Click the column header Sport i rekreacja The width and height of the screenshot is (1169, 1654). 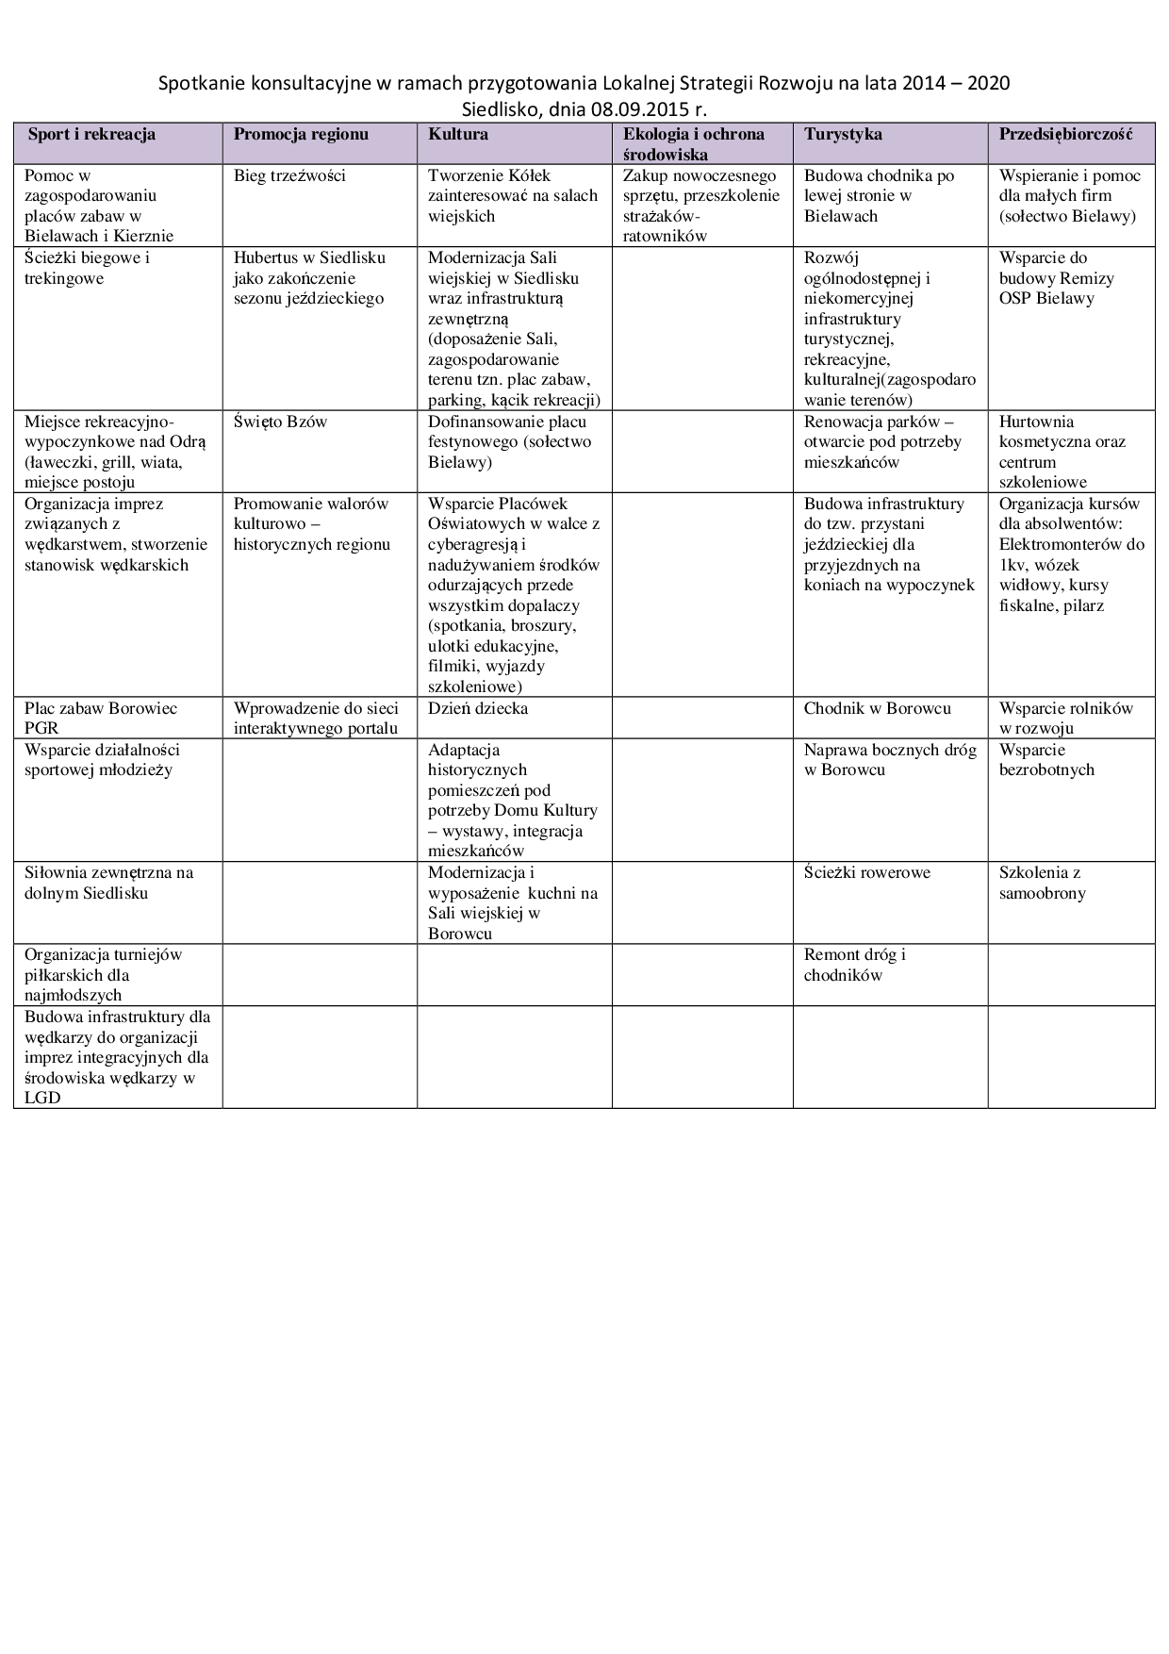[91, 134]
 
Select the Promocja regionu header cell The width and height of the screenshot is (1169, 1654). [301, 134]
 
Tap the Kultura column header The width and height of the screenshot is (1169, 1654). [458, 134]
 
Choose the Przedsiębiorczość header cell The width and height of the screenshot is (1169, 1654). [1064, 134]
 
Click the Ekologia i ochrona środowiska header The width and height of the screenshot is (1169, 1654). [694, 143]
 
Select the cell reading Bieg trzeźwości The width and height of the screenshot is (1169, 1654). [289, 175]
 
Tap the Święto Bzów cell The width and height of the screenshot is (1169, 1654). [280, 422]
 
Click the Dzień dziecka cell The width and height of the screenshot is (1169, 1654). [478, 708]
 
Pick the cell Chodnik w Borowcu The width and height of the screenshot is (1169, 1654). [877, 708]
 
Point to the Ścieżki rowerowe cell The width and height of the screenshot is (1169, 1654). [866, 872]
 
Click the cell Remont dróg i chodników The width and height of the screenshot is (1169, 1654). [854, 965]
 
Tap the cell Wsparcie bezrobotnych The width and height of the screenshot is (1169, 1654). [1046, 759]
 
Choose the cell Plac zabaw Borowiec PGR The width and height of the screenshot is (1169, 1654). [101, 718]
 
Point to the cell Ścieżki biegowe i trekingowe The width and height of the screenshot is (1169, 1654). [87, 268]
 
